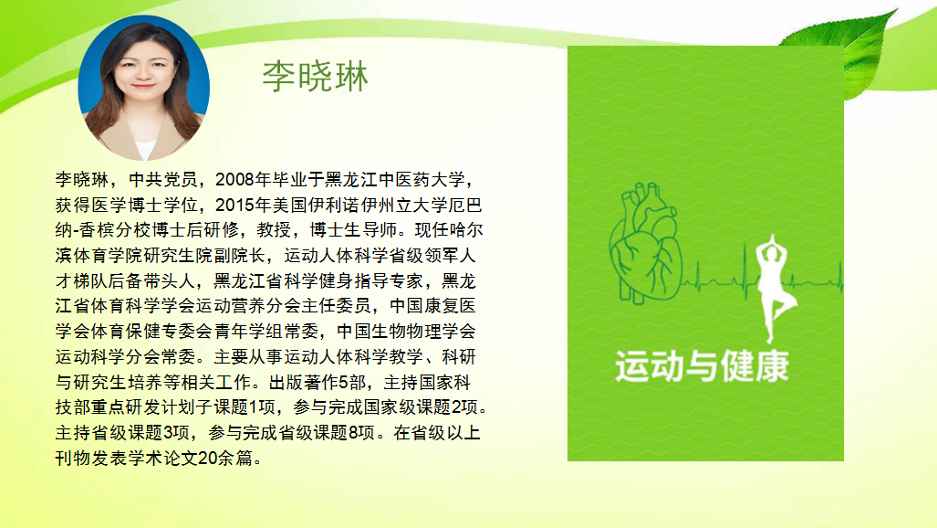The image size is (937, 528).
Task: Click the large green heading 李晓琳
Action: coord(315,76)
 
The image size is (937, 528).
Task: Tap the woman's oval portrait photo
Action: coord(143,88)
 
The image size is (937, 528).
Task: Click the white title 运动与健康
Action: coord(703,365)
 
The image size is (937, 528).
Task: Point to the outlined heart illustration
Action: coord(646,242)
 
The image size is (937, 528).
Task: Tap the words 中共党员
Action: coord(162,180)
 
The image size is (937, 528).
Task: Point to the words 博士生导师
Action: coord(353,230)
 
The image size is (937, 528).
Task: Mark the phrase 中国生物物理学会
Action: coord(406,331)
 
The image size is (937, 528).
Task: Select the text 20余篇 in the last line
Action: coord(225,458)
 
